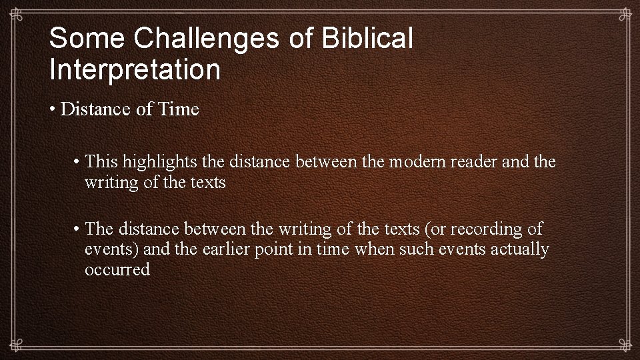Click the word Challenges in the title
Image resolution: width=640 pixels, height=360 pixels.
click(x=205, y=39)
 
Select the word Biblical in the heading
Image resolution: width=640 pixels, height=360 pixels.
click(x=367, y=39)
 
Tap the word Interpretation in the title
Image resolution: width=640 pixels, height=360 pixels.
click(x=134, y=69)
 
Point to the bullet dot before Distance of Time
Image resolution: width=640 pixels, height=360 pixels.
click(x=53, y=109)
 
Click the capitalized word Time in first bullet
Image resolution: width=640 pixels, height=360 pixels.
click(x=178, y=109)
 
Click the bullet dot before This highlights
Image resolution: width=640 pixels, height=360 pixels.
click(x=78, y=161)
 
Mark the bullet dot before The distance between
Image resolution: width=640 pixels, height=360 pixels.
click(x=78, y=229)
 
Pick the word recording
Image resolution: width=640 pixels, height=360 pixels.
click(x=487, y=229)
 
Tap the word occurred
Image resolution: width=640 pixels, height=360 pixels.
click(x=117, y=270)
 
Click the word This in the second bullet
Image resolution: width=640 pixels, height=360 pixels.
click(x=101, y=161)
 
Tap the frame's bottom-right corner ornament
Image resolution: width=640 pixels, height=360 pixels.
click(x=623, y=344)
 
